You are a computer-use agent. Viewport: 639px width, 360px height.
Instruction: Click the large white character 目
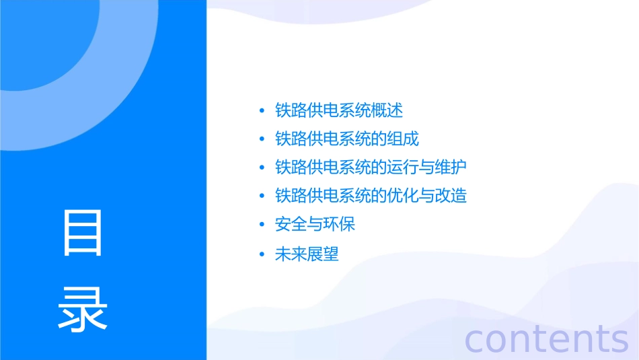pyautogui.click(x=83, y=233)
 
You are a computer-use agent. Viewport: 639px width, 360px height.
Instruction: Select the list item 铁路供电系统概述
pyautogui.click(x=339, y=110)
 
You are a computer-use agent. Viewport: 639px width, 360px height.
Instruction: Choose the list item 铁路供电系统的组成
pyautogui.click(x=347, y=139)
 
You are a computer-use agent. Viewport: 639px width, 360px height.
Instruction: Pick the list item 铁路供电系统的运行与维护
pyautogui.click(x=371, y=168)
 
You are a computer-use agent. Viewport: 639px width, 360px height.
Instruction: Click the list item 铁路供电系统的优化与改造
pyautogui.click(x=371, y=196)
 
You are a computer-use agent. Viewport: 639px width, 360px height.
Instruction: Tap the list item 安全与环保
pyautogui.click(x=315, y=224)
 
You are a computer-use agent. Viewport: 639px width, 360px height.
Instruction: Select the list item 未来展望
pyautogui.click(x=307, y=254)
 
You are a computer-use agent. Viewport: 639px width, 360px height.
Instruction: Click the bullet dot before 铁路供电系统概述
pyautogui.click(x=262, y=111)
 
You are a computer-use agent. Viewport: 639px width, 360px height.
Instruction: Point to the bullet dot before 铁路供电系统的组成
pyautogui.click(x=262, y=139)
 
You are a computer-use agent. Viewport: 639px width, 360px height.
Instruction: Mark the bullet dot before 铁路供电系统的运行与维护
pyautogui.click(x=262, y=168)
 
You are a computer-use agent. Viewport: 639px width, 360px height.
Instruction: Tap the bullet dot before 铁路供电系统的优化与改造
pyautogui.click(x=262, y=196)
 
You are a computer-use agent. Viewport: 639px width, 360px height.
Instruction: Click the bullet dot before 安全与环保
pyautogui.click(x=262, y=225)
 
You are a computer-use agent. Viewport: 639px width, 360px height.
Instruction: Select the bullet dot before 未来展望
pyautogui.click(x=262, y=255)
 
